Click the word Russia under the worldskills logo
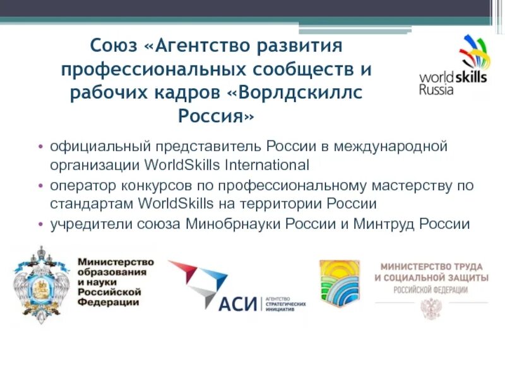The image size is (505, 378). coord(436,89)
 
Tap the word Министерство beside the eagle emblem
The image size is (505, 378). coord(116,261)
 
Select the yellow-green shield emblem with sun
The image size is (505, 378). coord(339,283)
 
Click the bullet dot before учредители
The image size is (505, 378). coord(41,224)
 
